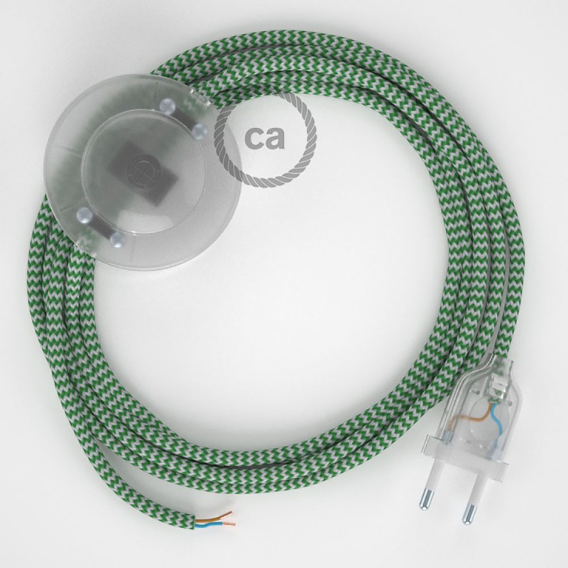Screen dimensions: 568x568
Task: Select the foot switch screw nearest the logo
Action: (199, 131)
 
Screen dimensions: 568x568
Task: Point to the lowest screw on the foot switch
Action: (118, 239)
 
